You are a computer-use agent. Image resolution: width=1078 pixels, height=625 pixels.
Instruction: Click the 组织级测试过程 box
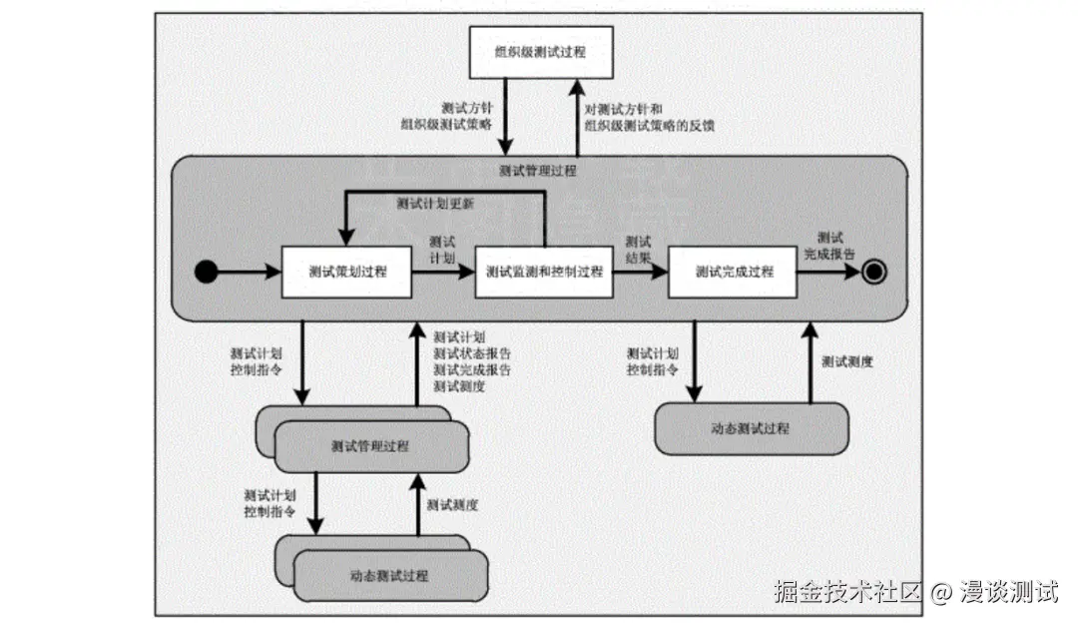(x=540, y=52)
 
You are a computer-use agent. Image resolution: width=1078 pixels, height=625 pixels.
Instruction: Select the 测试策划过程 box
(x=347, y=271)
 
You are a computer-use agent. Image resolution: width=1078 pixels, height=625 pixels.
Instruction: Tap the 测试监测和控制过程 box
(x=544, y=271)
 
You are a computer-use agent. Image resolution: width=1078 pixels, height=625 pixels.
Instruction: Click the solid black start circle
(x=206, y=271)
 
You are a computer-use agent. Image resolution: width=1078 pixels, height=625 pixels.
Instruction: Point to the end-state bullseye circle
(x=874, y=271)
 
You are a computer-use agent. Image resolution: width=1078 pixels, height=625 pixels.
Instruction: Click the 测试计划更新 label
(x=434, y=204)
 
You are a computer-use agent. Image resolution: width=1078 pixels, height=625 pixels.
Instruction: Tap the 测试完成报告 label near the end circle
(x=829, y=246)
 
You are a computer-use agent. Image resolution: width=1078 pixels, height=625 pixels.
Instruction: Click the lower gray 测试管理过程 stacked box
(x=370, y=445)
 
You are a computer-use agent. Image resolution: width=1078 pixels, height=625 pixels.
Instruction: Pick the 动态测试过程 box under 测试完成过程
(x=751, y=428)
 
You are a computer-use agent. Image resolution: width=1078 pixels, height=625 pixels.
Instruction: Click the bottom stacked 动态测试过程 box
(x=389, y=576)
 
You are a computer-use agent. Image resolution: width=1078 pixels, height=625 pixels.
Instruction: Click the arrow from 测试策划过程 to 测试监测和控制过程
(x=443, y=271)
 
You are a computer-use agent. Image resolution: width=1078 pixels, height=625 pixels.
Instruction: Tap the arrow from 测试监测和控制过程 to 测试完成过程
(x=639, y=271)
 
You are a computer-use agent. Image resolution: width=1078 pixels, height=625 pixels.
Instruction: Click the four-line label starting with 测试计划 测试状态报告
(x=472, y=361)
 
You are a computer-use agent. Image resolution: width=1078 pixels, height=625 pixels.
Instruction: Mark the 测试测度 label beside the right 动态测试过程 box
(x=847, y=361)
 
